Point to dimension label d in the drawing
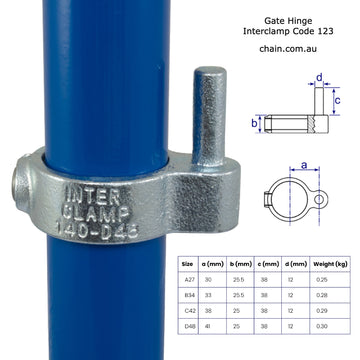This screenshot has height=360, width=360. (319, 77)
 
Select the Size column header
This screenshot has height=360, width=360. (189, 264)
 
